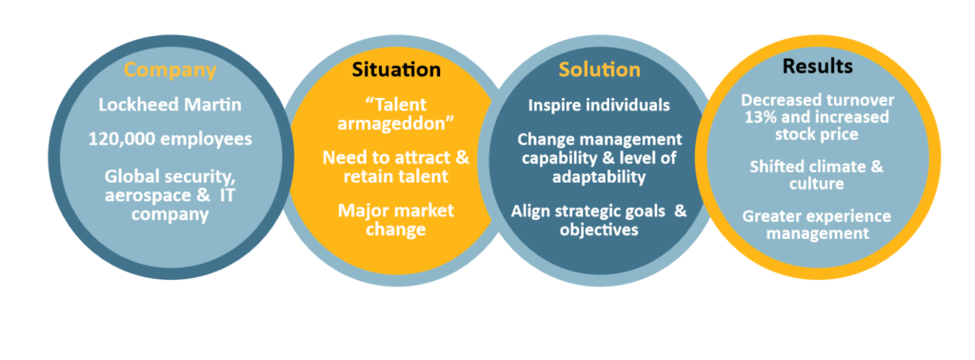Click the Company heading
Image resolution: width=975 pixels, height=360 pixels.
(169, 70)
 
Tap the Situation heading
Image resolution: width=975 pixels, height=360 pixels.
(396, 70)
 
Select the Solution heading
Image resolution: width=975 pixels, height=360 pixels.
(600, 69)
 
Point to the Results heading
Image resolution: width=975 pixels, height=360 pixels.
(817, 66)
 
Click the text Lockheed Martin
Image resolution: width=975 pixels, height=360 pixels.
(169, 105)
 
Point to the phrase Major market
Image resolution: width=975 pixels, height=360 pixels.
(395, 210)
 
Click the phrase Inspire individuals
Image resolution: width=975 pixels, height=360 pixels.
(599, 105)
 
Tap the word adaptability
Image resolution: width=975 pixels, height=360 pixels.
(599, 176)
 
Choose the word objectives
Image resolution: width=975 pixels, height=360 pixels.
(599, 230)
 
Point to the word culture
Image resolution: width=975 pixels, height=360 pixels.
(816, 184)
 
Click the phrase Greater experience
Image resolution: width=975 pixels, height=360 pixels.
(816, 216)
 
